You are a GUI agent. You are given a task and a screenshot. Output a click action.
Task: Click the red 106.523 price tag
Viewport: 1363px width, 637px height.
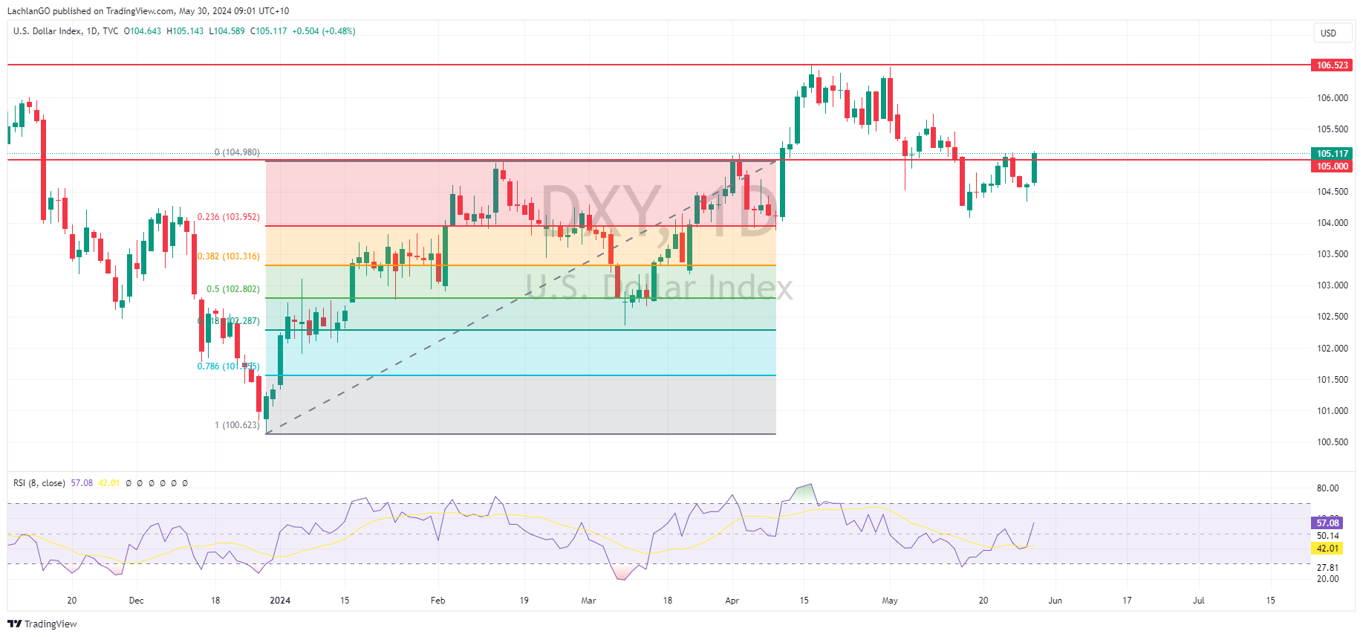coord(1332,65)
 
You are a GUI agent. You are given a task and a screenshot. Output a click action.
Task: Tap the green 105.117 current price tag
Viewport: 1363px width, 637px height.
coord(1332,154)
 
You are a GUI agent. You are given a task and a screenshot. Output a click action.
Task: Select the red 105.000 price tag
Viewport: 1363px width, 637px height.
coord(1332,166)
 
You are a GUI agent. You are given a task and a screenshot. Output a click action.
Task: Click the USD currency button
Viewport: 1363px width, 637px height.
coord(1328,33)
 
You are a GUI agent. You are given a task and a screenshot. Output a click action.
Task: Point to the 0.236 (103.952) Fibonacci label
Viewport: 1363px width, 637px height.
coord(228,217)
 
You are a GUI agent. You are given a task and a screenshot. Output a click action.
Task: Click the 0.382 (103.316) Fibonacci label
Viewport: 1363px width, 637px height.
coord(229,256)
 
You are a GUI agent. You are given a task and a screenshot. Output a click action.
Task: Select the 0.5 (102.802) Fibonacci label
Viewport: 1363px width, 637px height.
coord(232,289)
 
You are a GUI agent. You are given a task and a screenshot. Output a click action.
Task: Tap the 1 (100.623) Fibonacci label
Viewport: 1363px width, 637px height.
coord(237,425)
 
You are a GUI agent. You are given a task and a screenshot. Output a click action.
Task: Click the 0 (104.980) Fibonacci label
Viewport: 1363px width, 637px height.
coord(237,152)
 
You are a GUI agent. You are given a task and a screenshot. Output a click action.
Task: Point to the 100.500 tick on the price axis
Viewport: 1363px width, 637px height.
coord(1332,442)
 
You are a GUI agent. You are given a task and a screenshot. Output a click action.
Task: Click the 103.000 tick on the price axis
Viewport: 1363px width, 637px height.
coord(1332,285)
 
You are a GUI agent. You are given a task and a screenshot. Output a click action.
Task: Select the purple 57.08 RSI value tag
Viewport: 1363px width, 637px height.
coord(1327,523)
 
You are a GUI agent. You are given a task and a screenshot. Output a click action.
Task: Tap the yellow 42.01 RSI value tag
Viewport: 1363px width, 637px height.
coord(1327,549)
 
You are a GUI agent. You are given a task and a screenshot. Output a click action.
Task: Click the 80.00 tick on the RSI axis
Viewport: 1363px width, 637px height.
coord(1327,488)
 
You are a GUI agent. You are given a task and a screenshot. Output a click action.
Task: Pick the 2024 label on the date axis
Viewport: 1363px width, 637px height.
coord(280,601)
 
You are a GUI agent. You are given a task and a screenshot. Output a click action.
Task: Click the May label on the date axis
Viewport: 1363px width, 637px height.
coord(890,601)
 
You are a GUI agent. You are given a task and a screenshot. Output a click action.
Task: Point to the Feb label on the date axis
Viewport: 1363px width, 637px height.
coord(437,601)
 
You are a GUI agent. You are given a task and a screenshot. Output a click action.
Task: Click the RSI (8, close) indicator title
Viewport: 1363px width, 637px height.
coord(39,483)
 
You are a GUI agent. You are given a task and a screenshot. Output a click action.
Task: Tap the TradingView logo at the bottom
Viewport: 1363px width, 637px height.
coord(42,624)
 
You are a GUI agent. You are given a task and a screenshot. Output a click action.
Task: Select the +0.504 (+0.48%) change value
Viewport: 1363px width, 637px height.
coord(323,31)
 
